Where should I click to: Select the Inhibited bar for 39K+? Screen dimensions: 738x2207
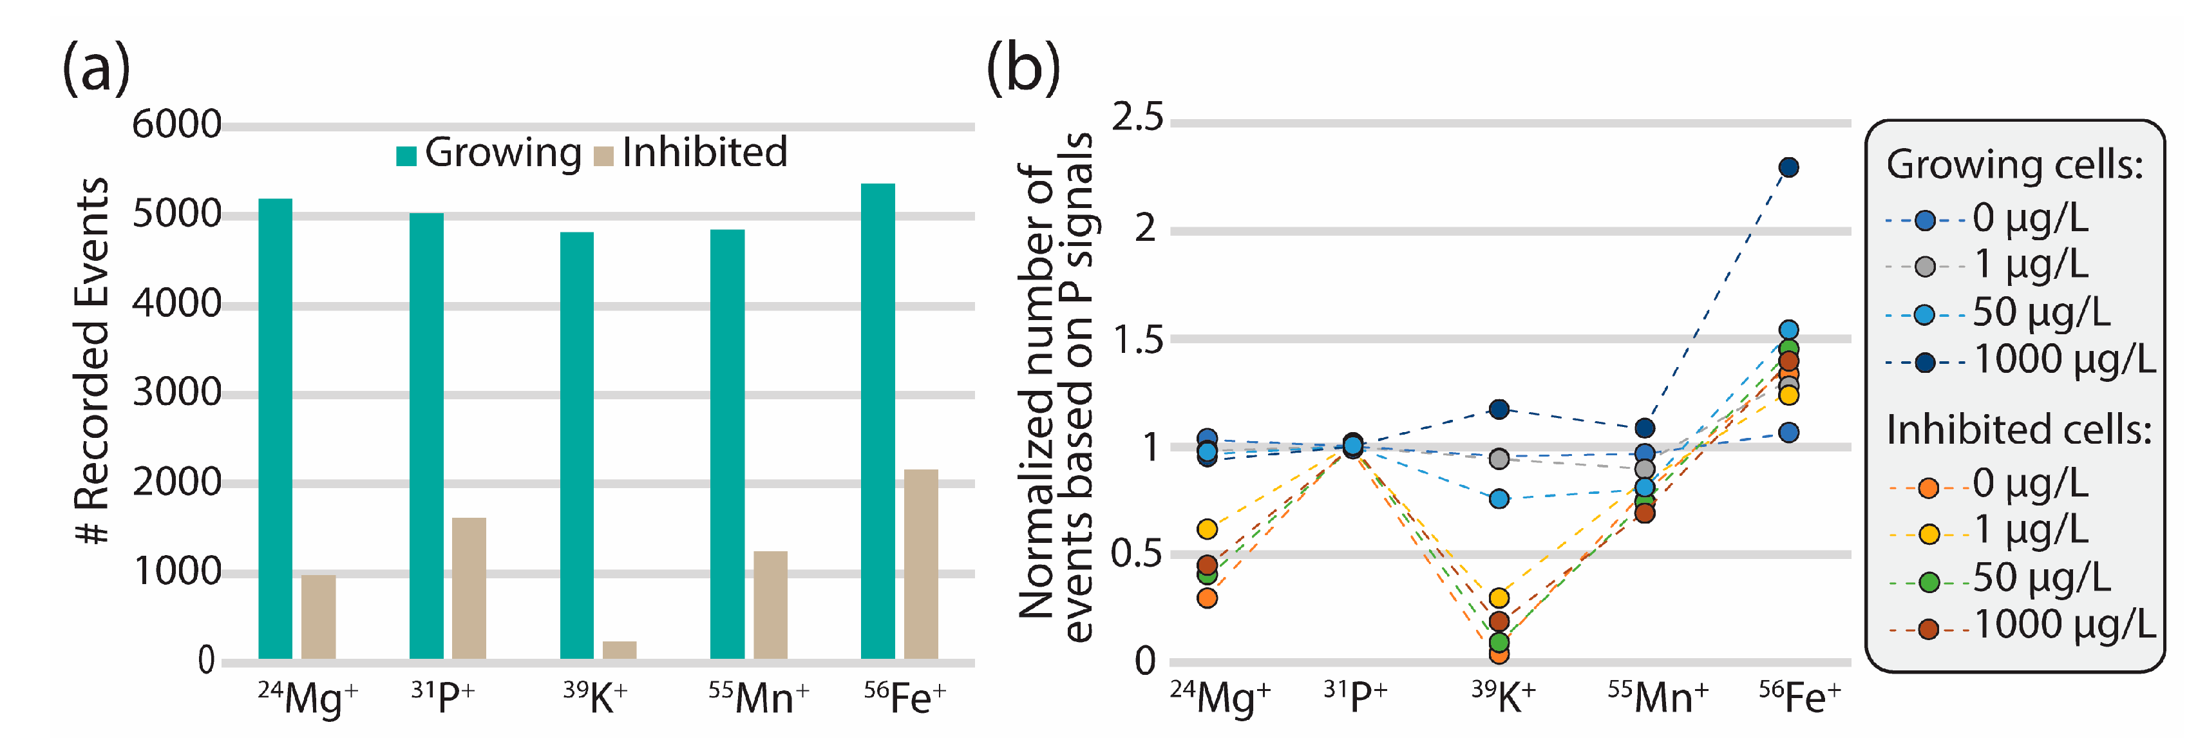point(620,649)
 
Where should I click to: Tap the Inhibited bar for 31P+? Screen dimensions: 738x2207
point(469,587)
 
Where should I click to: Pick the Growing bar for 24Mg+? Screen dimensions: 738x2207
point(275,429)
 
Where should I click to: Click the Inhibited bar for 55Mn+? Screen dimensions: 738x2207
point(770,604)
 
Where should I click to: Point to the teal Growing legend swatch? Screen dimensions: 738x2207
point(406,156)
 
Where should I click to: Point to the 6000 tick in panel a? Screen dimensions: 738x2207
point(176,125)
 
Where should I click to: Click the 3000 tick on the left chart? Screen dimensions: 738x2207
point(176,393)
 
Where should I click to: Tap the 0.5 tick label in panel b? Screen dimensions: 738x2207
point(1136,554)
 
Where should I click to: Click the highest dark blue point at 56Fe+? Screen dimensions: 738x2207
point(1788,167)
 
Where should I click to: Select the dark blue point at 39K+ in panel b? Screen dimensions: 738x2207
point(1499,409)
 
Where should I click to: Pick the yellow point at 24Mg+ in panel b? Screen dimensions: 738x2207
point(1207,529)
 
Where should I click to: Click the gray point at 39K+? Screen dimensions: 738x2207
point(1499,459)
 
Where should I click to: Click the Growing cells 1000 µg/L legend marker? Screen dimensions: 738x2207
point(1924,363)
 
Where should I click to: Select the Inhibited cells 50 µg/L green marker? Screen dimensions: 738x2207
point(1929,582)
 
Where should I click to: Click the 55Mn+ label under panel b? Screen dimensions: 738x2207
point(1657,697)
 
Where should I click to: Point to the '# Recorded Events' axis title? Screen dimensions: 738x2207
point(93,360)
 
